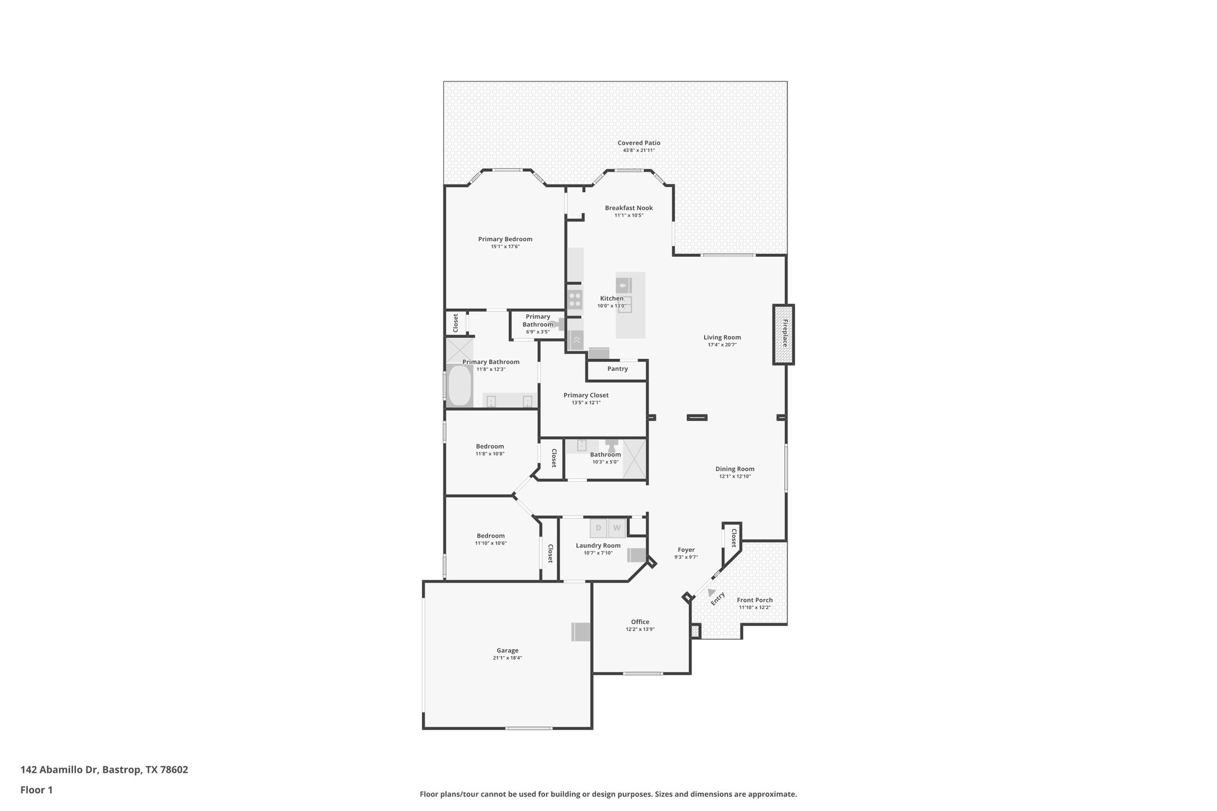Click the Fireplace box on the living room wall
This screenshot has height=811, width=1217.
[784, 335]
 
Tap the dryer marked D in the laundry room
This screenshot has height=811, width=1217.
[598, 528]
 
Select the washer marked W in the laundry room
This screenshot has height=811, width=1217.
[617, 528]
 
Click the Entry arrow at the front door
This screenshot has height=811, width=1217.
[711, 592]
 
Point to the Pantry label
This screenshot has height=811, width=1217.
[617, 369]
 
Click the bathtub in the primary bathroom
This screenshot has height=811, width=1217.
[459, 385]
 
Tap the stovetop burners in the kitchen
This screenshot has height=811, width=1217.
[574, 299]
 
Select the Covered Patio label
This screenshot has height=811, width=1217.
[639, 143]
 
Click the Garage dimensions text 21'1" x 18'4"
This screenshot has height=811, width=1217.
[507, 658]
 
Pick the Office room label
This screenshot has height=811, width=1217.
[640, 622]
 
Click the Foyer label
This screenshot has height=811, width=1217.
[686, 550]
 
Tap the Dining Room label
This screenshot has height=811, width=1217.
[735, 469]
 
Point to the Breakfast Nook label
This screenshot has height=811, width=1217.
[629, 208]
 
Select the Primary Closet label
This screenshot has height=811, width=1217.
[586, 395]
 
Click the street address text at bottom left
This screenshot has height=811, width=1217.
[104, 769]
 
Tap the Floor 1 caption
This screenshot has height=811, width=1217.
[36, 790]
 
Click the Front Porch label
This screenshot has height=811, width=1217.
[755, 600]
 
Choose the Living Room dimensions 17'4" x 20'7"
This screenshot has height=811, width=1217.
[722, 345]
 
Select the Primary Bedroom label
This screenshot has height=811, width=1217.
[505, 239]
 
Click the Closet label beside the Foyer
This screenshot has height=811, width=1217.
[734, 538]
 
